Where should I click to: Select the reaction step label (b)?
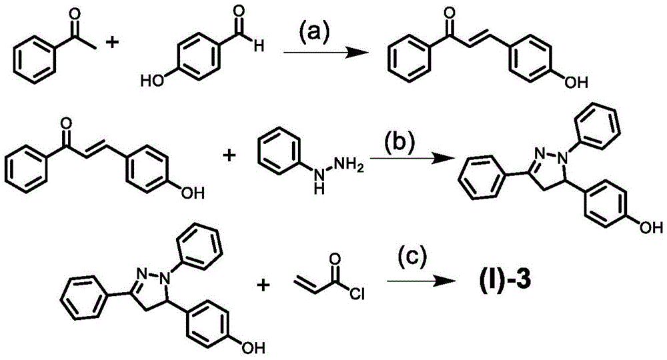point(400,143)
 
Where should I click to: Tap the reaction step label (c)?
point(412,260)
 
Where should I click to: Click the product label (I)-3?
point(498,281)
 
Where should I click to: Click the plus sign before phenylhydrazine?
point(229,155)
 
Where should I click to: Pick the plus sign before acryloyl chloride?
point(264,285)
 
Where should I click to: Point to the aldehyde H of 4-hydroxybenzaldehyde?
point(258,45)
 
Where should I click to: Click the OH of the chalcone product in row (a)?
point(576,82)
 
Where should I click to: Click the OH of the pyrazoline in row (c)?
point(254,347)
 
